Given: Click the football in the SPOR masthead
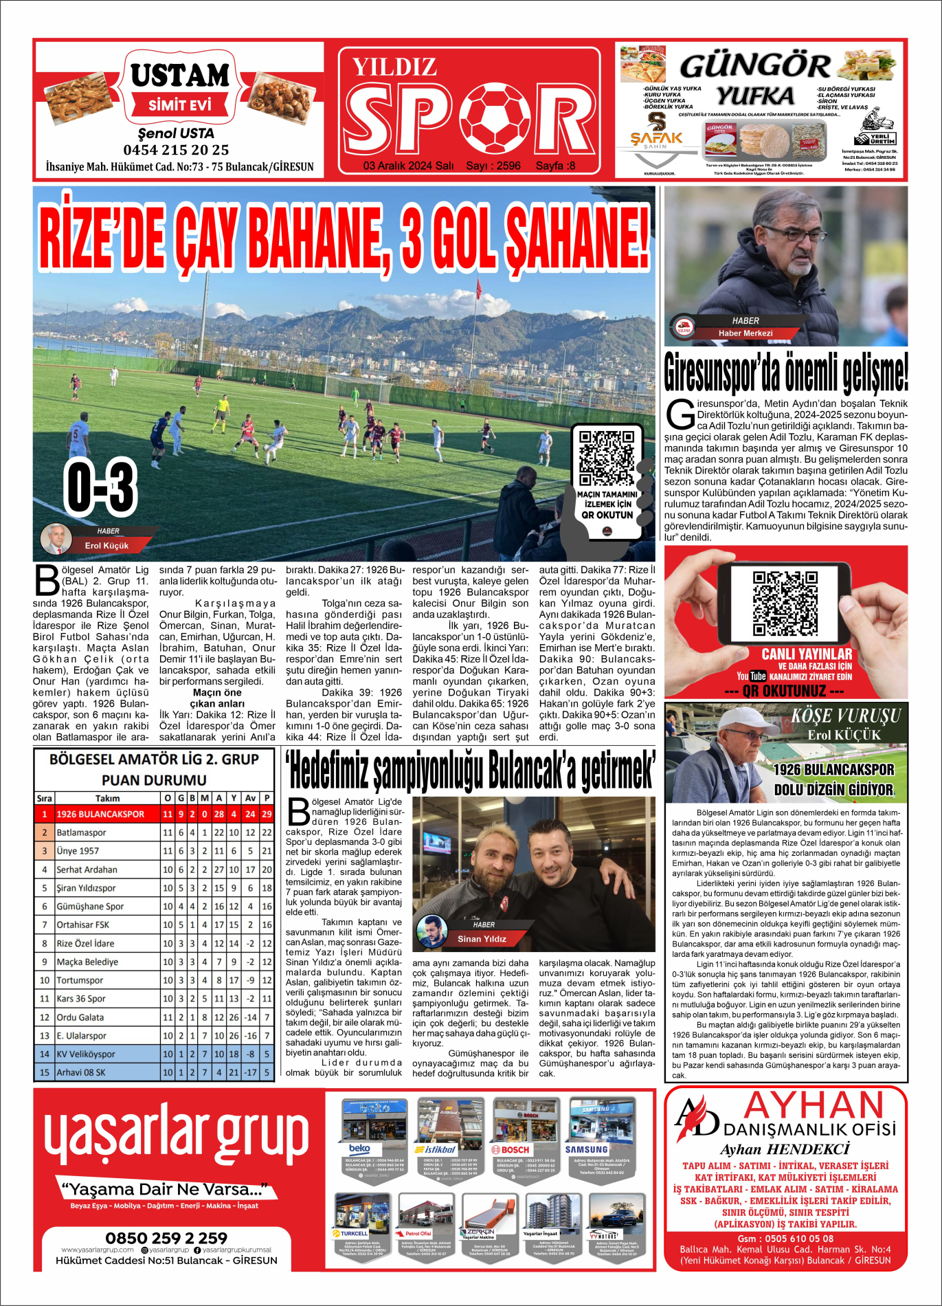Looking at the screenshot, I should (495, 118).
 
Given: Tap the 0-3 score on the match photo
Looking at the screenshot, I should (101, 487).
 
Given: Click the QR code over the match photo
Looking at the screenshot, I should (606, 458).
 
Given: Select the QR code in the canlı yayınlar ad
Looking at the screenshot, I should (785, 604).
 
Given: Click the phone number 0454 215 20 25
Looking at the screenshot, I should (176, 150).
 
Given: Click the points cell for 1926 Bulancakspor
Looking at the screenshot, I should (267, 814).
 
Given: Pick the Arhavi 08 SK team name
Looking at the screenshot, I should (81, 1072).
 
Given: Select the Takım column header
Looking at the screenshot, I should (107, 798).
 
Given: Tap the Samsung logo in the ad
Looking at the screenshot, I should (586, 1149).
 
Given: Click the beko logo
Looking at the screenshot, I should (359, 1149).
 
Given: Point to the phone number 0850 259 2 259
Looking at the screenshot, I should (166, 1238).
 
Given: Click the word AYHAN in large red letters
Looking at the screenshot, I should (814, 1105).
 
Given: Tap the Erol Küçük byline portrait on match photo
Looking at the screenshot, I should (56, 539).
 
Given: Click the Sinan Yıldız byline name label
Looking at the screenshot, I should (482, 939).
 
